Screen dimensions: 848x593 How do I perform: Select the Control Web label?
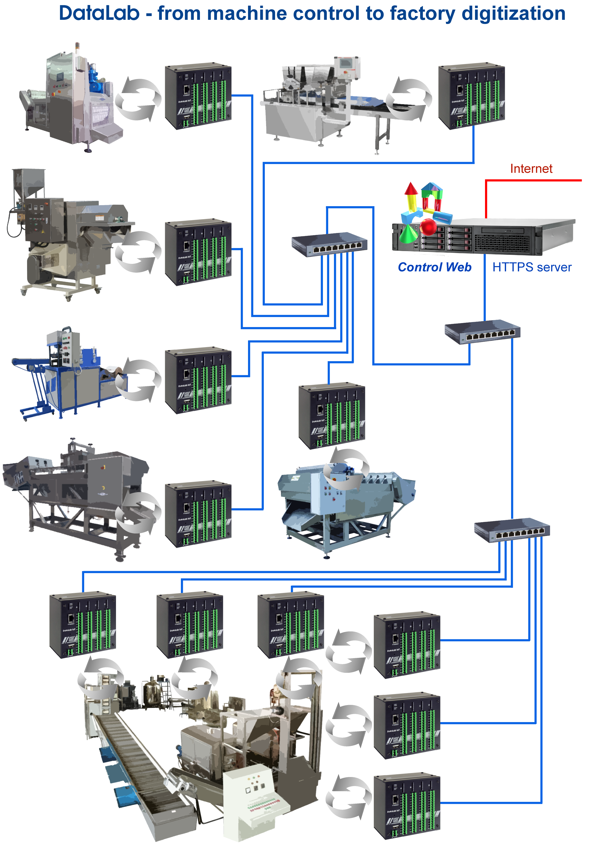(434, 267)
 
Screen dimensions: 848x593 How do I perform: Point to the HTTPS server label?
(531, 267)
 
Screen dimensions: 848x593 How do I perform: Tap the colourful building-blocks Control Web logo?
(424, 212)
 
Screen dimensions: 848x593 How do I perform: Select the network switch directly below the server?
(482, 331)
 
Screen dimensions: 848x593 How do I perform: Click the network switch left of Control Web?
(329, 244)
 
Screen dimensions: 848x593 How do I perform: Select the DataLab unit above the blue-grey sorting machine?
(331, 416)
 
